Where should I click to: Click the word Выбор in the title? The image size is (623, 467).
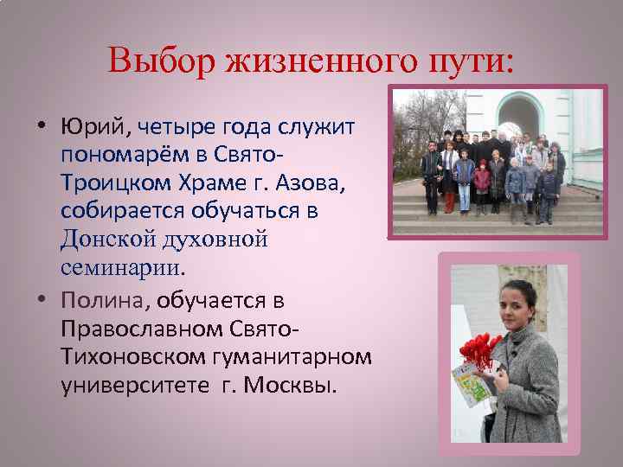[x=162, y=61]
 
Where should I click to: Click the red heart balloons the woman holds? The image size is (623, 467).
[x=480, y=350]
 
